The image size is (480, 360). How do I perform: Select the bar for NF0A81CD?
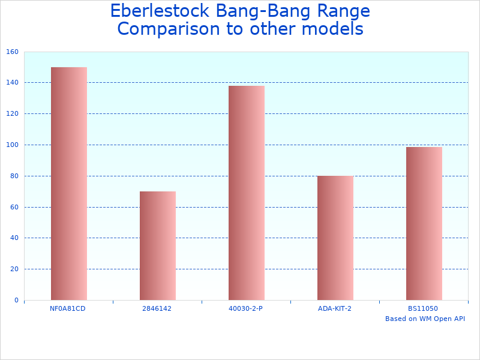click(x=68, y=184)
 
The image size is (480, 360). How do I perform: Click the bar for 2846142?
click(x=157, y=245)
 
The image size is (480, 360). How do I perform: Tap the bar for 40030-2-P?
click(x=246, y=193)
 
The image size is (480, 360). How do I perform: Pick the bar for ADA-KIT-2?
click(x=335, y=238)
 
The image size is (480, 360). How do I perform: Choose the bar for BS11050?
click(x=424, y=223)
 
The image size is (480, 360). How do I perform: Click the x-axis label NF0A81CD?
click(x=68, y=308)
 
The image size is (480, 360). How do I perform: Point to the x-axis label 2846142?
click(x=157, y=308)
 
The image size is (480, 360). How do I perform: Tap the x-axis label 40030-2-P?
click(x=246, y=308)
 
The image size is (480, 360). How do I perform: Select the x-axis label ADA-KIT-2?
click(x=335, y=308)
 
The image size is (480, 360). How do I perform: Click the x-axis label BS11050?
click(x=423, y=308)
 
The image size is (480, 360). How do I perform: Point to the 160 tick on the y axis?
click(x=13, y=52)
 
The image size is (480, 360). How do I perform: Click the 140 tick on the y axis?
click(x=13, y=83)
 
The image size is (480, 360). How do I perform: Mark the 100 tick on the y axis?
click(x=13, y=145)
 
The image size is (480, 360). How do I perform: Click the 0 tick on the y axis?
click(x=16, y=300)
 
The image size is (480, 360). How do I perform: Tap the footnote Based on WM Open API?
click(x=425, y=319)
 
